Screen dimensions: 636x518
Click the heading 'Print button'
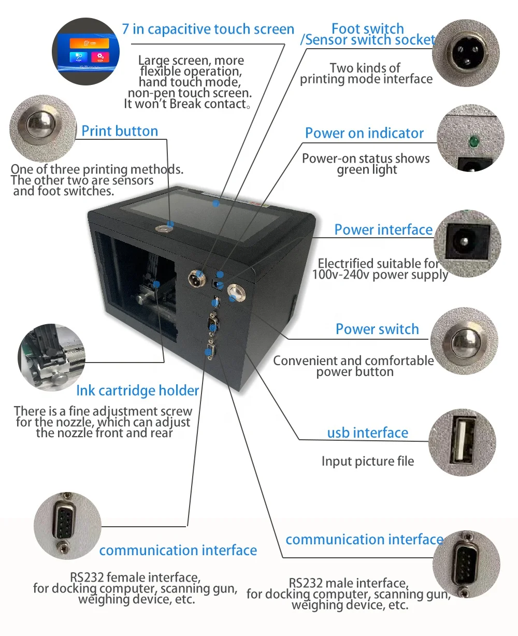[120, 131]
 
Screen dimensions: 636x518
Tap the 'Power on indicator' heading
[364, 133]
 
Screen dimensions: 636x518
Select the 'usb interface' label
[368, 432]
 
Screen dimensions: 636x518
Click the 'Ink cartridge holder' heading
[138, 391]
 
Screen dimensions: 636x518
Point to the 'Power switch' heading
[377, 329]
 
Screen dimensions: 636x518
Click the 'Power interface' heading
[383, 229]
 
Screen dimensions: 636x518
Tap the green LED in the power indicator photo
[473, 140]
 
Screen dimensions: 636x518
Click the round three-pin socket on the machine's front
[197, 277]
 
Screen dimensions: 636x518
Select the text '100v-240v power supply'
[380, 274]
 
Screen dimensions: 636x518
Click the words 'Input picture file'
[368, 461]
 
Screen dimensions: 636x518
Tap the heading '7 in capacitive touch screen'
[208, 29]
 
